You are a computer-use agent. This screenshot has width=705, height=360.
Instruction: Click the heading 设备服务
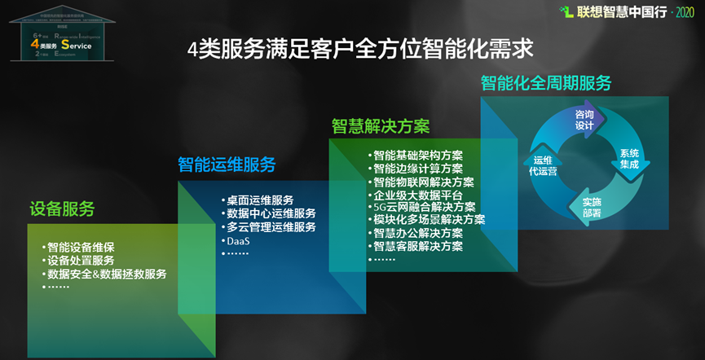[62, 209]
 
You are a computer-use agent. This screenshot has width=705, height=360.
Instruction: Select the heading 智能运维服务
[227, 165]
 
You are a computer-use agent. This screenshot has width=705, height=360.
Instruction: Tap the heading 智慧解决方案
[380, 126]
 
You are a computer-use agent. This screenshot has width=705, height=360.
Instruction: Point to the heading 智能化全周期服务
[545, 83]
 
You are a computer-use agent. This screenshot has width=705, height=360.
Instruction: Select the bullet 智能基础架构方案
[417, 156]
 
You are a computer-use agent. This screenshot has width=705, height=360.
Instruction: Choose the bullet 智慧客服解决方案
[417, 246]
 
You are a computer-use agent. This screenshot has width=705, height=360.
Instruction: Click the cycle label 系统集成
[629, 159]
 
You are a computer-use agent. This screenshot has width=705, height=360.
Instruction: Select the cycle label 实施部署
[592, 207]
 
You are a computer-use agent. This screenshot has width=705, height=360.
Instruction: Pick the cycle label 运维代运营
[541, 166]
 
